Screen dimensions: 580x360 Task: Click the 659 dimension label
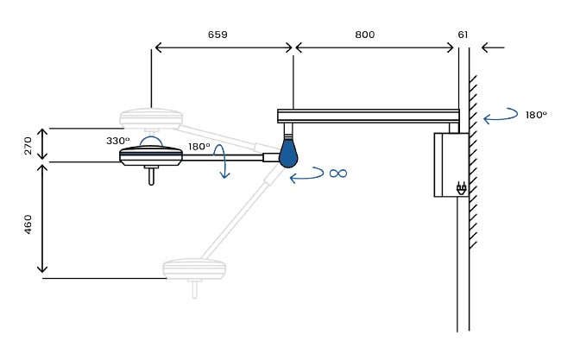pyautogui.click(x=217, y=35)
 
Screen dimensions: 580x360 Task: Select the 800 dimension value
pyautogui.click(x=365, y=35)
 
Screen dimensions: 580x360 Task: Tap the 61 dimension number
pyautogui.click(x=463, y=35)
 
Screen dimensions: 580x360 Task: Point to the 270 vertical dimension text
pyautogui.click(x=28, y=145)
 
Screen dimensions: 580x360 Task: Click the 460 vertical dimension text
pyautogui.click(x=28, y=224)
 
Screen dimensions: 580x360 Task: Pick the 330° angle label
pyautogui.click(x=118, y=141)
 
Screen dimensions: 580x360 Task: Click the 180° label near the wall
pyautogui.click(x=536, y=115)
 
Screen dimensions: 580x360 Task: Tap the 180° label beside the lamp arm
pyautogui.click(x=199, y=147)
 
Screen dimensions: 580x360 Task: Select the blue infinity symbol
pyautogui.click(x=338, y=174)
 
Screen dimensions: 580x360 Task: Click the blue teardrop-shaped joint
pyautogui.click(x=288, y=154)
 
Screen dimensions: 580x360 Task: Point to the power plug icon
pyautogui.click(x=461, y=188)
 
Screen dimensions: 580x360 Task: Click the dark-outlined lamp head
pyautogui.click(x=151, y=155)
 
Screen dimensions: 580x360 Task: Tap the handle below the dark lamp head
pyautogui.click(x=151, y=175)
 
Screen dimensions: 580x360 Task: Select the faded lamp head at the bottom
pyautogui.click(x=194, y=268)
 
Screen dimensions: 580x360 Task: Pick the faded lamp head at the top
pyautogui.click(x=151, y=117)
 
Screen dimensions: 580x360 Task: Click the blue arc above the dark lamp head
pyautogui.click(x=151, y=137)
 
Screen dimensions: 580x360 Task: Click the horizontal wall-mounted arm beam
pyautogui.click(x=369, y=116)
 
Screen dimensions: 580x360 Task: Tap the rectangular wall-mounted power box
pyautogui.click(x=451, y=165)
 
